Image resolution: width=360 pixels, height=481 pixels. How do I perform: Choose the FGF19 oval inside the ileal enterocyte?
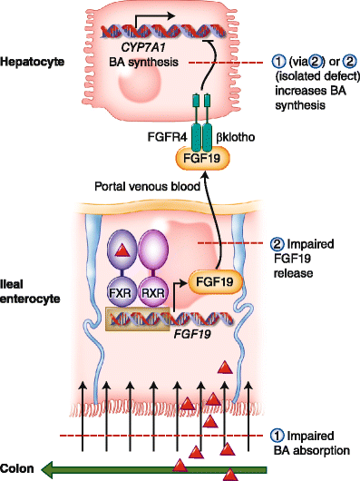click(x=211, y=283)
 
